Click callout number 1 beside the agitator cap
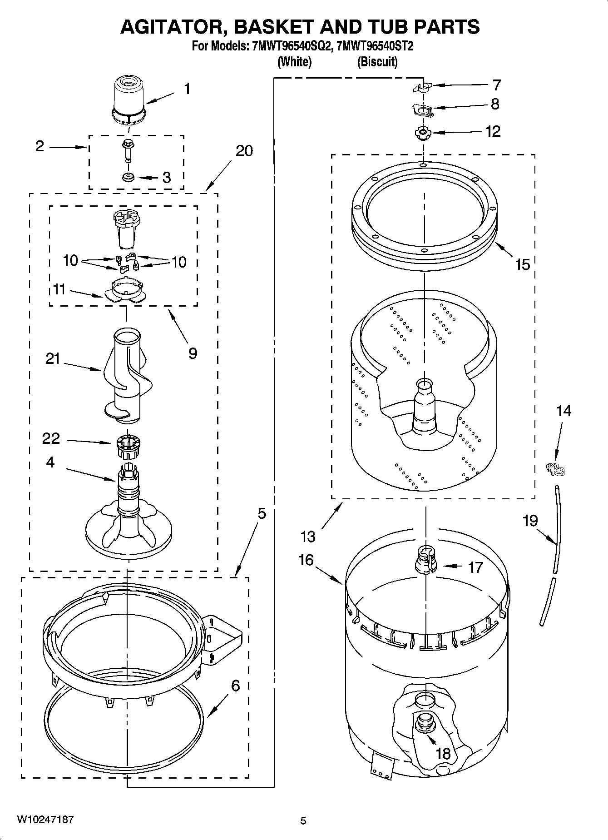[x=187, y=89]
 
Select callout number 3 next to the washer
[x=167, y=178]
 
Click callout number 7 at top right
[x=497, y=85]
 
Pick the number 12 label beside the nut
[x=493, y=131]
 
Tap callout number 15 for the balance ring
[x=523, y=264]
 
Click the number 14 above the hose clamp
[x=564, y=411]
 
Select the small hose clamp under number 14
[x=555, y=469]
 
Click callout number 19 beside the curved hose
[x=530, y=520]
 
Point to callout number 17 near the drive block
[x=475, y=567]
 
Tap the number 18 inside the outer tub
[x=443, y=753]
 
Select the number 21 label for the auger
[x=53, y=359]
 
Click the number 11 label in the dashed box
[x=59, y=289]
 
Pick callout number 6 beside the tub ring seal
[x=235, y=685]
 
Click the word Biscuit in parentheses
[x=377, y=61]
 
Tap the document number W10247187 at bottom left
[x=45, y=820]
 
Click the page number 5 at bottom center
[x=303, y=820]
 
